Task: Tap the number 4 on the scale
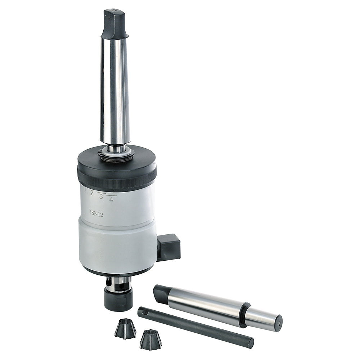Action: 111,199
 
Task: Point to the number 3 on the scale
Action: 101,196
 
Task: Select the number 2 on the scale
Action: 91,193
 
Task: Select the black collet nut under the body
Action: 118,298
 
